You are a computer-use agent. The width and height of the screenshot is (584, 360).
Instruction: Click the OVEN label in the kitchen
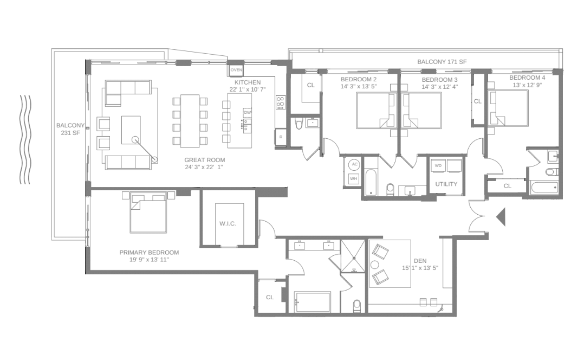pos(236,70)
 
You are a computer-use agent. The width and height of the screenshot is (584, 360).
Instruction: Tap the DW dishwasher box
pos(248,113)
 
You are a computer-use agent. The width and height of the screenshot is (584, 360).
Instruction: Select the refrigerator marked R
pos(281,137)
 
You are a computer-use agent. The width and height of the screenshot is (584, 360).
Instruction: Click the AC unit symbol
pos(354,164)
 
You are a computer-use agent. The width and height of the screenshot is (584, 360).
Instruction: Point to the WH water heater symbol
pos(354,178)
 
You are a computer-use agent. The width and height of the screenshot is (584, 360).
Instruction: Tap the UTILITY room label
pos(446,184)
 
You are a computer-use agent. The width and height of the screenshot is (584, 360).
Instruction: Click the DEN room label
pos(419,260)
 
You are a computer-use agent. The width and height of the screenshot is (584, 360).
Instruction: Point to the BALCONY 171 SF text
pos(442,62)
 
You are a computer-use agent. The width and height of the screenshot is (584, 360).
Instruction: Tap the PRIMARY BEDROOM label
pos(149,253)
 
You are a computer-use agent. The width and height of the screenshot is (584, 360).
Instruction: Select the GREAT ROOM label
pos(204,160)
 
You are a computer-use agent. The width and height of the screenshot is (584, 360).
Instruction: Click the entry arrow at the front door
pos(501,217)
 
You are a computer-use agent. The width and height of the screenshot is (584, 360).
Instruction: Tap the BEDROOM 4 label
pos(527,78)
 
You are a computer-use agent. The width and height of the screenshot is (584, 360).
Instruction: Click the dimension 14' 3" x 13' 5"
pos(359,86)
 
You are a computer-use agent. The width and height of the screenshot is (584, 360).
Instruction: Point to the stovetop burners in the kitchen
pos(281,101)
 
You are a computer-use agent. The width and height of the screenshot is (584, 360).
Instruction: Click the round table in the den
pos(375,265)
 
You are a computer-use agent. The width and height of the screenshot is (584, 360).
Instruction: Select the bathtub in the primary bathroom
pos(312,302)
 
